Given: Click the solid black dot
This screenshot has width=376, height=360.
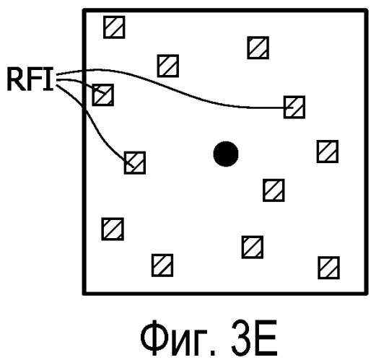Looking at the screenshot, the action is point(226,154).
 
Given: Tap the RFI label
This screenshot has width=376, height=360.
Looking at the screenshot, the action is point(30,79).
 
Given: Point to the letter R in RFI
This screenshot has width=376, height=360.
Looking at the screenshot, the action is point(17,79).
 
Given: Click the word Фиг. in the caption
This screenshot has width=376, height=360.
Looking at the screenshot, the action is point(178,338).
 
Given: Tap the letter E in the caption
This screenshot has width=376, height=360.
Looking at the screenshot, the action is point(267,338).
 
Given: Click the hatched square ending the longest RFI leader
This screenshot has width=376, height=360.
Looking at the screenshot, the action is point(294,107).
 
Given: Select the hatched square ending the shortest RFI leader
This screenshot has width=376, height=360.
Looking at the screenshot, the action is point(102,95).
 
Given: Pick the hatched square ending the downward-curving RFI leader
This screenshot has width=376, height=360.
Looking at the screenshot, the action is point(135,163).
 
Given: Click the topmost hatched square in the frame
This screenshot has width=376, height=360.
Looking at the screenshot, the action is point(114,27).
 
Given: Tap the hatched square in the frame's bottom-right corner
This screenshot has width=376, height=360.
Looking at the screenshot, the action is point(328,268).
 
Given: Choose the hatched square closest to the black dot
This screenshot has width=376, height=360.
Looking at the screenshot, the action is point(274,190).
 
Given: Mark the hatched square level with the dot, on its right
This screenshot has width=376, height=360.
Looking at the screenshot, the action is point(328,152).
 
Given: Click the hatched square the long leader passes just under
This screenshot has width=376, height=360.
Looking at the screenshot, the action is point(168,66).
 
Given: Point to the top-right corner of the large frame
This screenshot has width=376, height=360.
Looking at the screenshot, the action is point(366,11).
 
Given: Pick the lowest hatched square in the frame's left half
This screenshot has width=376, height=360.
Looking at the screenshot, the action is point(162,265).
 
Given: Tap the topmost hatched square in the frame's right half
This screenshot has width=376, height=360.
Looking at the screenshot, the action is point(258,48).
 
